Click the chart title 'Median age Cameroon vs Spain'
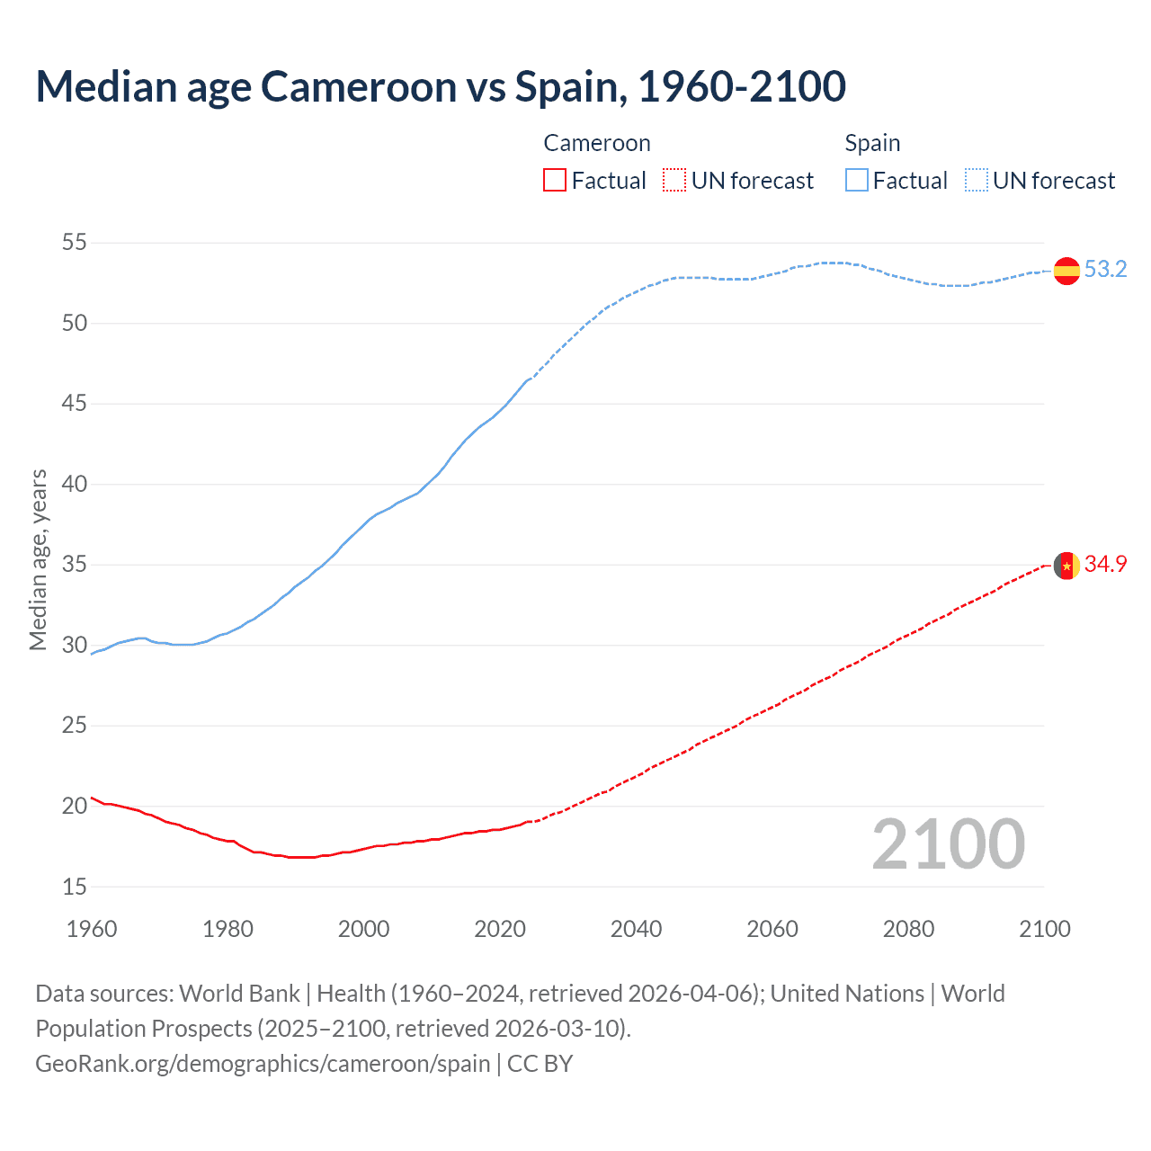click(x=441, y=87)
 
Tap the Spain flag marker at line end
click(x=1066, y=270)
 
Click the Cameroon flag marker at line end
click(x=1066, y=566)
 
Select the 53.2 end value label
click(x=1105, y=270)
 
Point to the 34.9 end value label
click(x=1105, y=565)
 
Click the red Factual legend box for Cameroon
click(x=555, y=181)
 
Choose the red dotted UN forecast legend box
click(x=674, y=181)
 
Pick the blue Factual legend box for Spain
click(x=857, y=181)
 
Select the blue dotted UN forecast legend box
click(x=977, y=181)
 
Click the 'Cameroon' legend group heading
click(x=596, y=144)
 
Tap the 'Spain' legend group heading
click(x=872, y=144)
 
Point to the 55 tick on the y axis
click(x=75, y=243)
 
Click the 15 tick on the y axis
click(x=75, y=888)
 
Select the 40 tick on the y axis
click(x=75, y=485)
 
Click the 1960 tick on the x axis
click(x=92, y=929)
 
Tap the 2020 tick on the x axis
click(x=500, y=929)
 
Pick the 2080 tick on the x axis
click(x=908, y=929)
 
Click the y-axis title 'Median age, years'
click(x=38, y=559)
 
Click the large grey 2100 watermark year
click(x=948, y=844)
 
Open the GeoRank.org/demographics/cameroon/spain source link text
click(x=263, y=1064)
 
